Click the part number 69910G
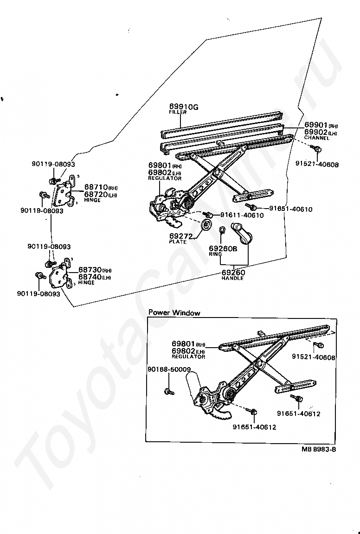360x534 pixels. point(184,107)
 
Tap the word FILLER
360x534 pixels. point(178,113)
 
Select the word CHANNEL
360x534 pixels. point(317,138)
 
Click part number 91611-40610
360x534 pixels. point(242,215)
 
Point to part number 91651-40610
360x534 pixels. point(291,209)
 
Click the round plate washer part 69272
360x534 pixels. point(206,226)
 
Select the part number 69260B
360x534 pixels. point(223,248)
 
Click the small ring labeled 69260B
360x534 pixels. point(222,229)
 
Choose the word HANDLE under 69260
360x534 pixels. point(232,278)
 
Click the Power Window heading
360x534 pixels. point(174,313)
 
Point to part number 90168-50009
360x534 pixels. point(169,369)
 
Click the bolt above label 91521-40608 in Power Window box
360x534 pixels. point(319,345)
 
